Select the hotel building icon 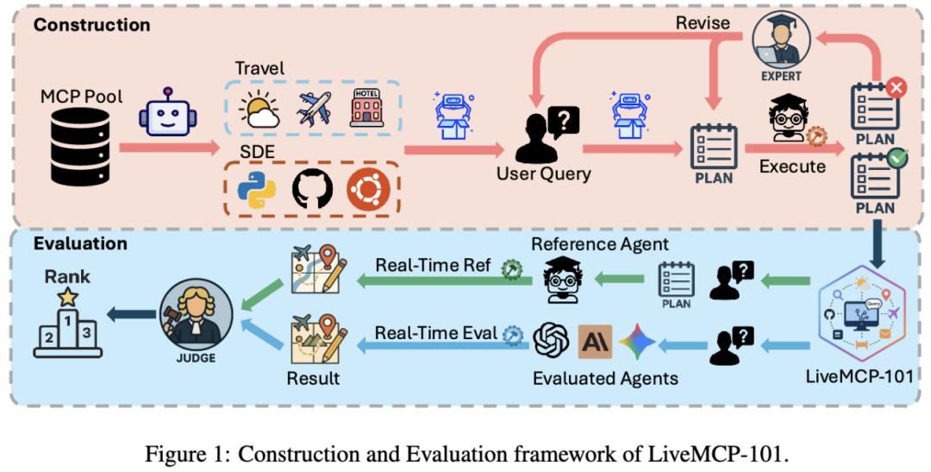(366, 108)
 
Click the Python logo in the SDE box (256, 188)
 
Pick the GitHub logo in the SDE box (312, 188)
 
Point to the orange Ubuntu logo (368, 188)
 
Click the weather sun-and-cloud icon (259, 110)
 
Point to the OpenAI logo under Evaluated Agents (549, 341)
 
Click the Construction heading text (91, 24)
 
